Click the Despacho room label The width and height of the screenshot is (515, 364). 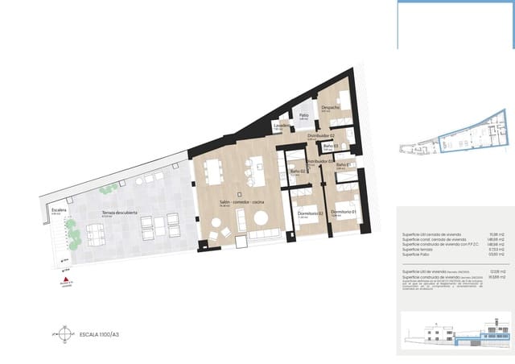(330, 107)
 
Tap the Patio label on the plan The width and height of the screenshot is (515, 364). (304, 115)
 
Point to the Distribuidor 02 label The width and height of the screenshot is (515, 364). (320, 135)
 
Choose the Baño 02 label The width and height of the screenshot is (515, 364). (296, 171)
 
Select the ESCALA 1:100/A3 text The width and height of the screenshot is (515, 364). (99, 332)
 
